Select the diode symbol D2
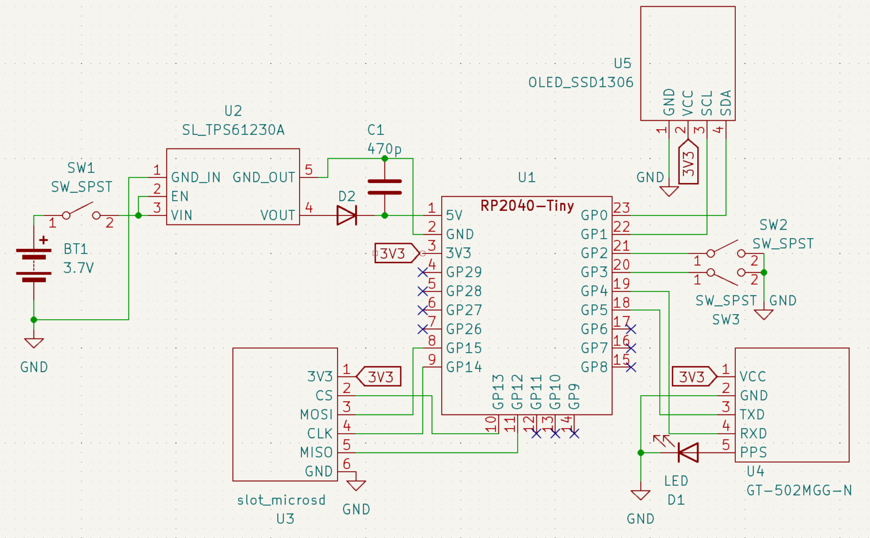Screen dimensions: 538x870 (347, 215)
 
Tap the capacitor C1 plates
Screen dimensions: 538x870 (385, 187)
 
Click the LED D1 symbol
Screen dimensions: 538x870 (687, 452)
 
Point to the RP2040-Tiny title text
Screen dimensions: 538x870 (527, 206)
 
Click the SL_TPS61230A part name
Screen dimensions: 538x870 (233, 130)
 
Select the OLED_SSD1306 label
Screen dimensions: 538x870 (581, 83)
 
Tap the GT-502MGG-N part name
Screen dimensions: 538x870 (799, 490)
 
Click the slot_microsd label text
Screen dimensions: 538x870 (281, 500)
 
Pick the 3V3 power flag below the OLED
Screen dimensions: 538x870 (688, 163)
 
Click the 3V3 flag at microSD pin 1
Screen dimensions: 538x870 (379, 377)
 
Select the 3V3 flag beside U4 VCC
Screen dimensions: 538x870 (693, 377)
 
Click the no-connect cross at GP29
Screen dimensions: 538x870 (423, 272)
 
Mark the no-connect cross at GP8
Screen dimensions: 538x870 (631, 367)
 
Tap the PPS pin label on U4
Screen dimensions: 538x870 (753, 452)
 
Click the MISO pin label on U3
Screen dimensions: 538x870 (316, 452)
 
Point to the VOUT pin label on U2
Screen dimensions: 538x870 (278, 215)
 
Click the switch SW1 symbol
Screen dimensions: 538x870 (81, 213)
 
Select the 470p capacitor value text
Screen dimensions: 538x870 (384, 149)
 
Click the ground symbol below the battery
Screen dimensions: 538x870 (34, 342)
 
